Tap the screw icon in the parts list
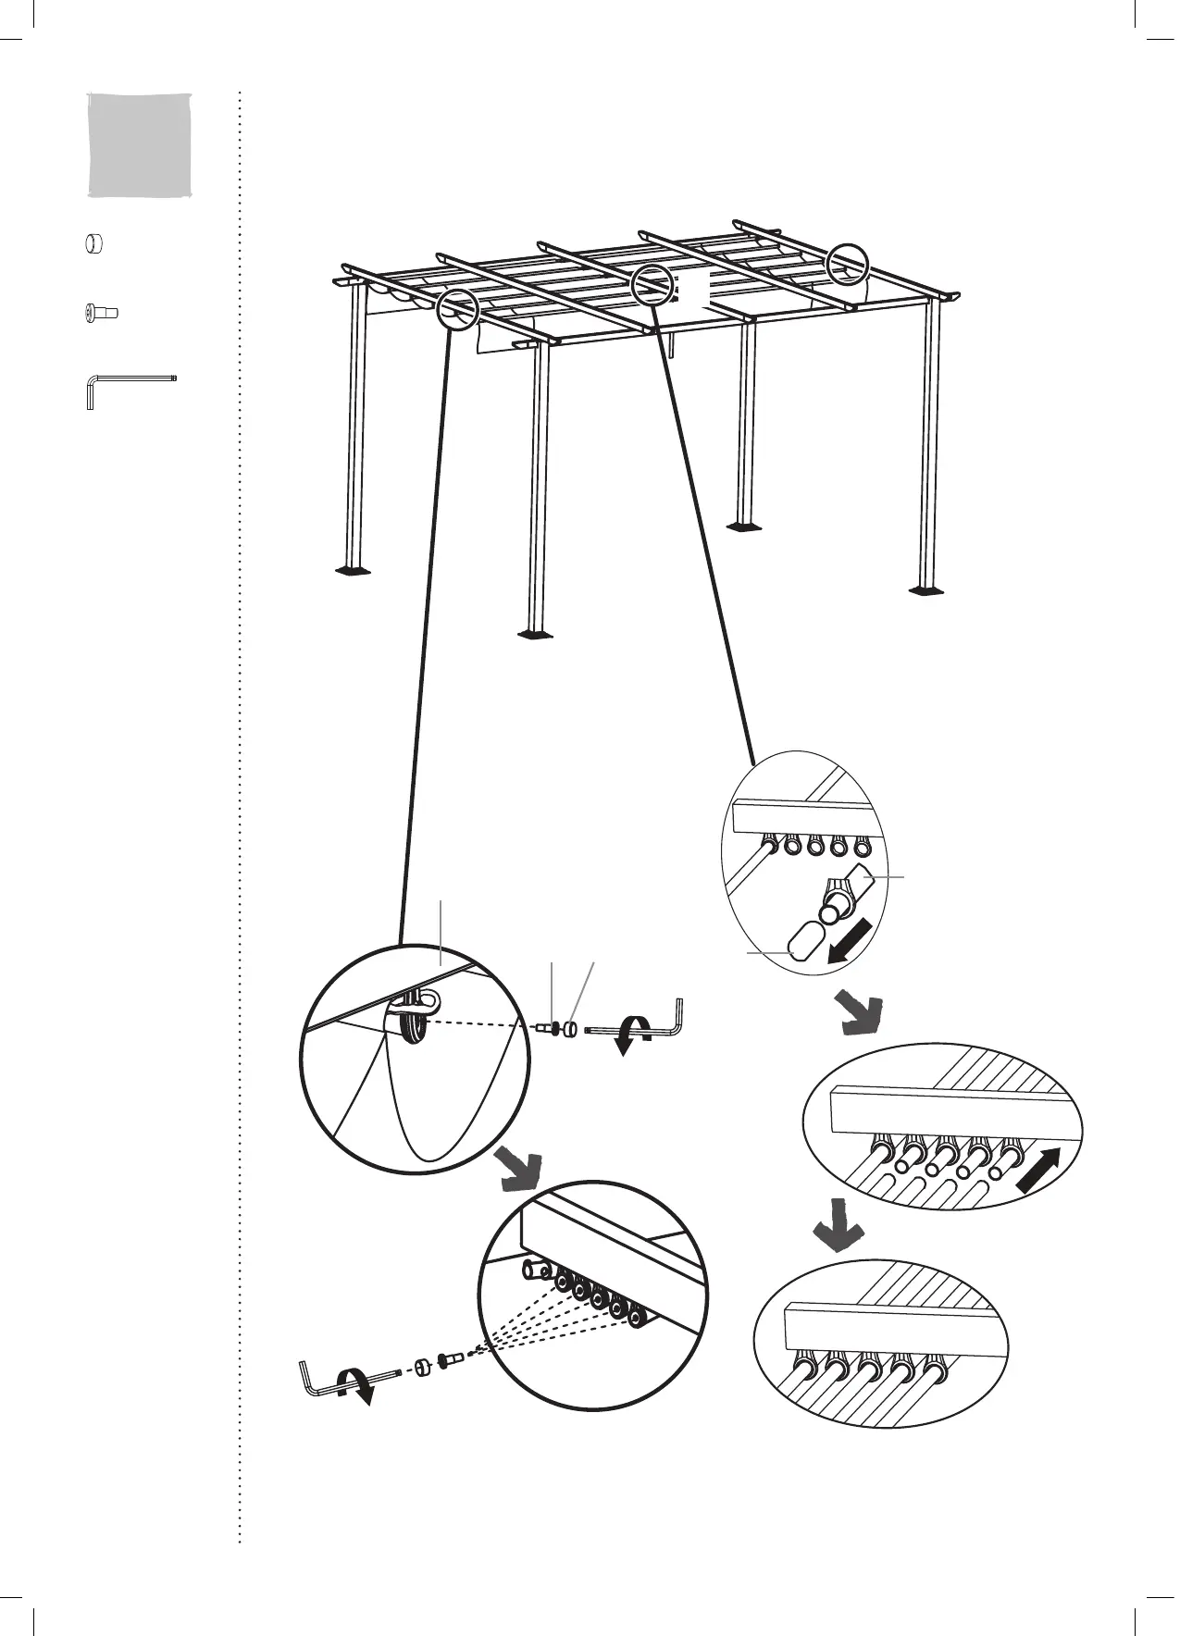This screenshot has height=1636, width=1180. coord(99,314)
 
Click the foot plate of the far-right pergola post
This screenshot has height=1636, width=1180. coord(926,589)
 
